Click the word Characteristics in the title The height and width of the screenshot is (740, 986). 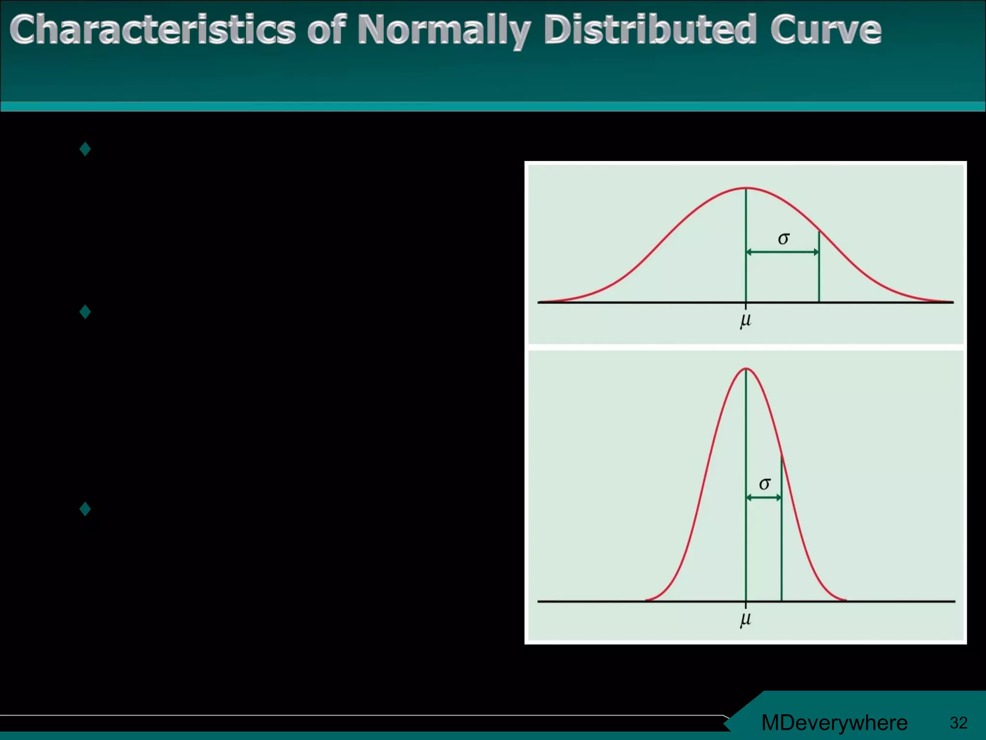(x=152, y=30)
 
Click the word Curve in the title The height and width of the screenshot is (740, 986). (x=825, y=30)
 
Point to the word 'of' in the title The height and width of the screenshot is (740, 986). (x=326, y=30)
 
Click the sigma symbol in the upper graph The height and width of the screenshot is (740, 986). (x=783, y=238)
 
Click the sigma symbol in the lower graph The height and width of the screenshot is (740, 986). (x=765, y=483)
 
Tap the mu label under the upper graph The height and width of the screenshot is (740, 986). (x=745, y=320)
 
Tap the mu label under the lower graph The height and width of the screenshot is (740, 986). (x=745, y=619)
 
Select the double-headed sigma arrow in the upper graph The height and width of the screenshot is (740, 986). (x=782, y=252)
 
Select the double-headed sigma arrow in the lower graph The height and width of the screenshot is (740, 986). (x=764, y=498)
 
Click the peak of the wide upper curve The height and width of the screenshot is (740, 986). (x=746, y=188)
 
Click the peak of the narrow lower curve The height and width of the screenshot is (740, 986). (x=746, y=369)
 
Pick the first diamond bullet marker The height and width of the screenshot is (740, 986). (x=85, y=149)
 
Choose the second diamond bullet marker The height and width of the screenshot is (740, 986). (x=85, y=312)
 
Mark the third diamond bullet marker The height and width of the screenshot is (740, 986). (x=85, y=509)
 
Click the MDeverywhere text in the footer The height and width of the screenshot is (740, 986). (x=834, y=723)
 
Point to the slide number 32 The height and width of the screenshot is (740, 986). (x=958, y=723)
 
